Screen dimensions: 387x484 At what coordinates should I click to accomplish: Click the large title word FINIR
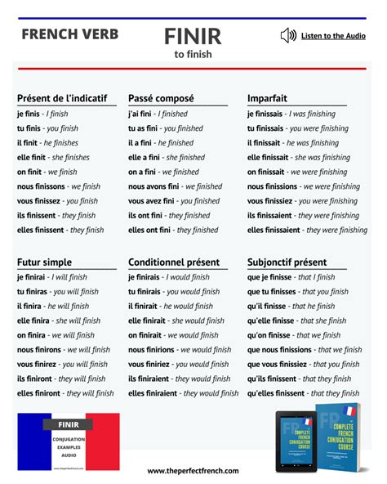[x=192, y=36]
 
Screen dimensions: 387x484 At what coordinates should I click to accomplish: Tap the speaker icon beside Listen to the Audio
[x=287, y=35]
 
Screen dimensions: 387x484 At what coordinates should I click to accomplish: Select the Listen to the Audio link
[x=333, y=36]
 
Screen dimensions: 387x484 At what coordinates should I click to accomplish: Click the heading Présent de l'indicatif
[x=62, y=98]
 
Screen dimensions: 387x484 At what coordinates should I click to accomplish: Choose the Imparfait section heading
[x=269, y=98]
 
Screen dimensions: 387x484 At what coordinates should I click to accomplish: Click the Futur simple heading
[x=44, y=262]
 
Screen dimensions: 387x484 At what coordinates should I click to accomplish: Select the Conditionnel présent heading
[x=174, y=262]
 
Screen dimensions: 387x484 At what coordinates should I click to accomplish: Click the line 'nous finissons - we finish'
[x=58, y=186]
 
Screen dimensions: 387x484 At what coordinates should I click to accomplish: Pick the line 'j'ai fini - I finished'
[x=158, y=114]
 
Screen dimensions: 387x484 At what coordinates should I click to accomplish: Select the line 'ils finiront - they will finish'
[x=61, y=379]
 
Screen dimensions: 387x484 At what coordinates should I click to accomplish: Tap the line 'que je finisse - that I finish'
[x=291, y=277]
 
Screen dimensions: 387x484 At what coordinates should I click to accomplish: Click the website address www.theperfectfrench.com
[x=193, y=471]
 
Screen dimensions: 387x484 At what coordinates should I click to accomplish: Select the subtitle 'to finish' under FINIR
[x=192, y=55]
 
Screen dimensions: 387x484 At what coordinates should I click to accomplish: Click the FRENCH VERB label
[x=70, y=34]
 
